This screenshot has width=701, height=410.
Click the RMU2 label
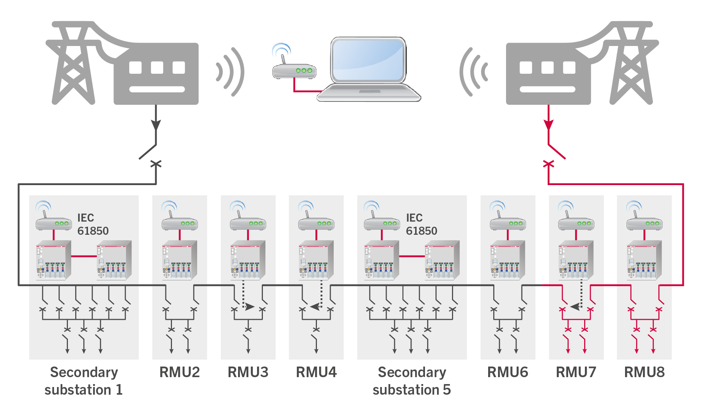pos(180,372)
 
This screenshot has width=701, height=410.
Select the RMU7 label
pos(576,372)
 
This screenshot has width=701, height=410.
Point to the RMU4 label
pos(316,372)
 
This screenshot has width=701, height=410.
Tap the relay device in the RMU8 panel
pos(644,260)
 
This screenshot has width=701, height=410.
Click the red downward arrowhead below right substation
pos(548,124)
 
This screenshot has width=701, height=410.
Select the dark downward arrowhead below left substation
pos(156,124)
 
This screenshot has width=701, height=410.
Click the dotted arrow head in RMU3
pos(250,307)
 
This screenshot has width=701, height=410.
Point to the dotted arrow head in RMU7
pos(575,307)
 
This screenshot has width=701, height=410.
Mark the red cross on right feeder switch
pos(548,164)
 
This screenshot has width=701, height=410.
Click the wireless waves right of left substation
pos(230,72)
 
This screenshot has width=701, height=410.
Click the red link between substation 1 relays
pos(84,256)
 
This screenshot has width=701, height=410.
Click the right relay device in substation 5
pos(442,260)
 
